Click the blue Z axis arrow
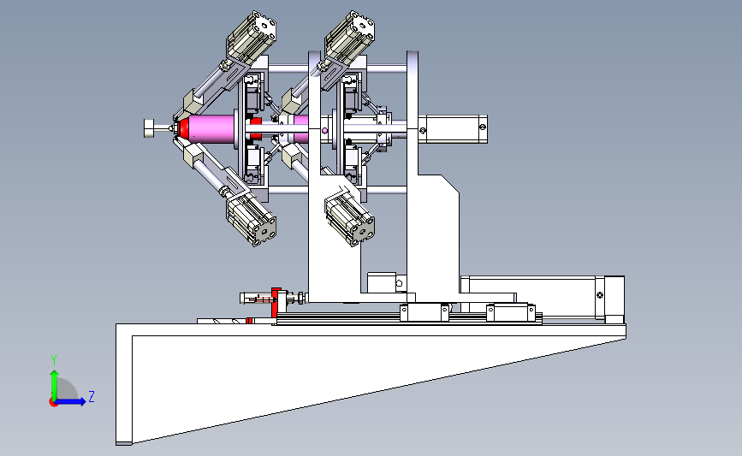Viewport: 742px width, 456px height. coord(70,401)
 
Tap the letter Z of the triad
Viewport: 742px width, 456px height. coord(92,396)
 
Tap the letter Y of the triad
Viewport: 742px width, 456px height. coord(54,360)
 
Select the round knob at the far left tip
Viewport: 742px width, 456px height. coord(150,128)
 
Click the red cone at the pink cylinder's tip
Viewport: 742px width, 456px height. coord(183,128)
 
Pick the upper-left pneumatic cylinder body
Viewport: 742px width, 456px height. coord(252,35)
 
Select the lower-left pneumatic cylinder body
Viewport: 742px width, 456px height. coord(252,221)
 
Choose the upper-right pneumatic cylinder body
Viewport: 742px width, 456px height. coord(350,35)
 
